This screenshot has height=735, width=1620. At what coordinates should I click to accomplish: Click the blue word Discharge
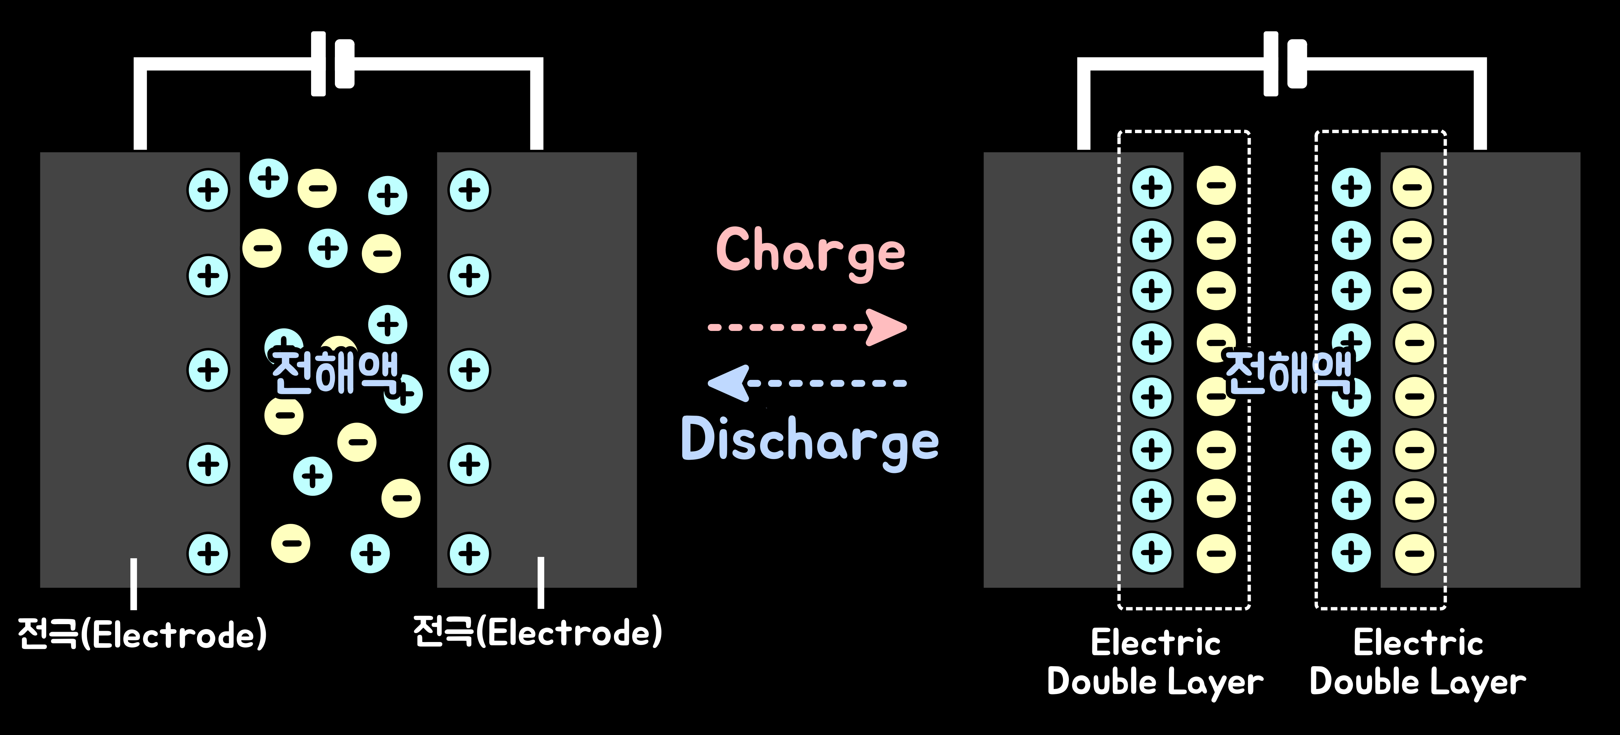pyautogui.click(x=810, y=440)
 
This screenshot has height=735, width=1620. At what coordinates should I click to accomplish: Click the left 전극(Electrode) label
pyautogui.click(x=142, y=634)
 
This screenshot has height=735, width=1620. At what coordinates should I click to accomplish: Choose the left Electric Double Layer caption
pyautogui.click(x=1155, y=662)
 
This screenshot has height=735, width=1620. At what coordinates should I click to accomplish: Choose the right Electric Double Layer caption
pyautogui.click(x=1418, y=662)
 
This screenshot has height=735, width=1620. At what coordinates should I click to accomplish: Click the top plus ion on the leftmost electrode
pyautogui.click(x=208, y=190)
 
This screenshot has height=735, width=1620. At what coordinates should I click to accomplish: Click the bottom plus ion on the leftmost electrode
pyautogui.click(x=208, y=554)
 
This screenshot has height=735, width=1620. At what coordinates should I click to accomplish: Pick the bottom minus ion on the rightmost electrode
pyautogui.click(x=1414, y=554)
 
